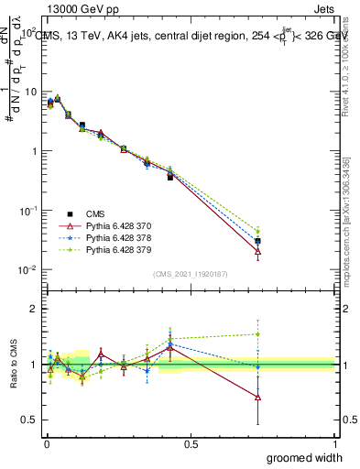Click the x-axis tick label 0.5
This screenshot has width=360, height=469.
coord(190,444)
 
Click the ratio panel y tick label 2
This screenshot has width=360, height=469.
coord(34,310)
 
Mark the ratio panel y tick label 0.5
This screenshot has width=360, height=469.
coord(29,420)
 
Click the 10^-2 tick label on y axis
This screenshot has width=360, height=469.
coord(28,270)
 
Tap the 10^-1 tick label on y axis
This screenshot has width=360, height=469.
coord(28,211)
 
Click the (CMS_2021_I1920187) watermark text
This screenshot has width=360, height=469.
coord(190,274)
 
